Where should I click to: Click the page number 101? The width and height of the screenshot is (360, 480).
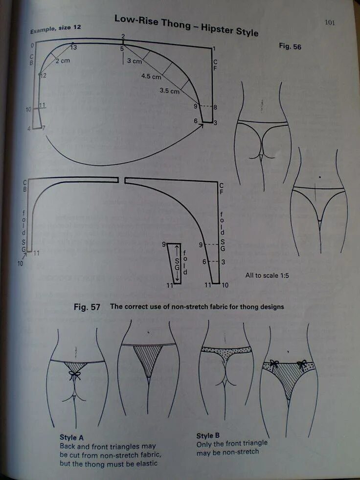click(x=329, y=22)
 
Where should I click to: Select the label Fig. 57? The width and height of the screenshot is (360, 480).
click(x=87, y=307)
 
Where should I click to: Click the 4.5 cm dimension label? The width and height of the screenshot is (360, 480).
click(x=151, y=77)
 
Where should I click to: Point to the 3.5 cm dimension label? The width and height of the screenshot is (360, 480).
click(x=169, y=91)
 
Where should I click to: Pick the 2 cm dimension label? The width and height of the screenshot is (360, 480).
click(x=62, y=61)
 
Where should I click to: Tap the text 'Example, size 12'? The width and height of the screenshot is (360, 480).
click(x=55, y=29)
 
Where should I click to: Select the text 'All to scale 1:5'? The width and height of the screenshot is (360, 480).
click(x=267, y=275)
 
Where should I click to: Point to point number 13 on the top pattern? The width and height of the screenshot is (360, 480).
click(x=73, y=47)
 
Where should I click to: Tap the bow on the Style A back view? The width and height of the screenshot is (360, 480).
click(x=75, y=375)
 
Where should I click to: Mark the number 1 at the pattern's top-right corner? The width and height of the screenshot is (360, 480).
click(x=214, y=48)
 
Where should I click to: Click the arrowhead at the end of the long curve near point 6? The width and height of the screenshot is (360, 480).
click(x=201, y=126)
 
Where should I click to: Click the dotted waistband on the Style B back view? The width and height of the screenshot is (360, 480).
click(x=226, y=350)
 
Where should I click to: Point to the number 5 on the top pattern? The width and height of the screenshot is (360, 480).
click(x=122, y=49)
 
